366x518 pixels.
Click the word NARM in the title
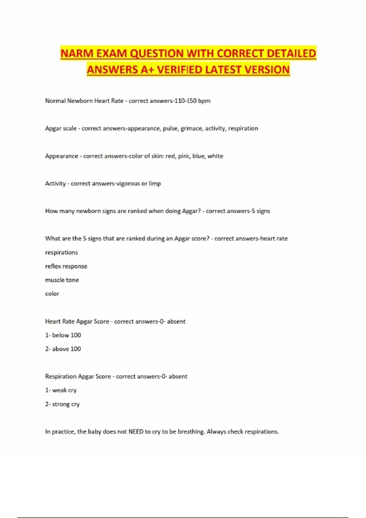point(77,54)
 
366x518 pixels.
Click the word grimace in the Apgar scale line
point(191,129)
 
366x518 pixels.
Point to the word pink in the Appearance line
point(184,156)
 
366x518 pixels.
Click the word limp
point(155,184)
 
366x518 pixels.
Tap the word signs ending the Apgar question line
point(263,211)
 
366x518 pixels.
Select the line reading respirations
point(61,253)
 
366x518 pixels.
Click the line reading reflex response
point(66,266)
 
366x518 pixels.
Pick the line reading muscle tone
point(62,280)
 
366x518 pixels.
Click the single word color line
point(52,294)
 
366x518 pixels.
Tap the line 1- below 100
point(63,335)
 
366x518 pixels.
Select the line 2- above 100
point(63,349)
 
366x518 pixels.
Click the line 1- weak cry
point(61,390)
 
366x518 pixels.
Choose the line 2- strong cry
point(63,404)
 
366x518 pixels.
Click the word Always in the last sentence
point(216,432)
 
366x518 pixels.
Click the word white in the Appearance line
point(215,156)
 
